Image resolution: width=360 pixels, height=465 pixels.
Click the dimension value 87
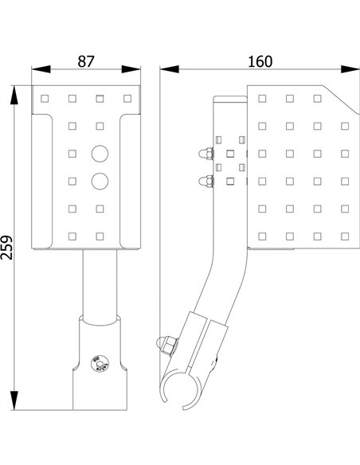87,61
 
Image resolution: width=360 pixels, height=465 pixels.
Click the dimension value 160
259,61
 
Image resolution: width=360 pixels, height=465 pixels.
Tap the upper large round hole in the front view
100,153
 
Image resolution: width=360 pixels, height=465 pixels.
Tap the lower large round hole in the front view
100,181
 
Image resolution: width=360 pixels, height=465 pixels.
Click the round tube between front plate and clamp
99,283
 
